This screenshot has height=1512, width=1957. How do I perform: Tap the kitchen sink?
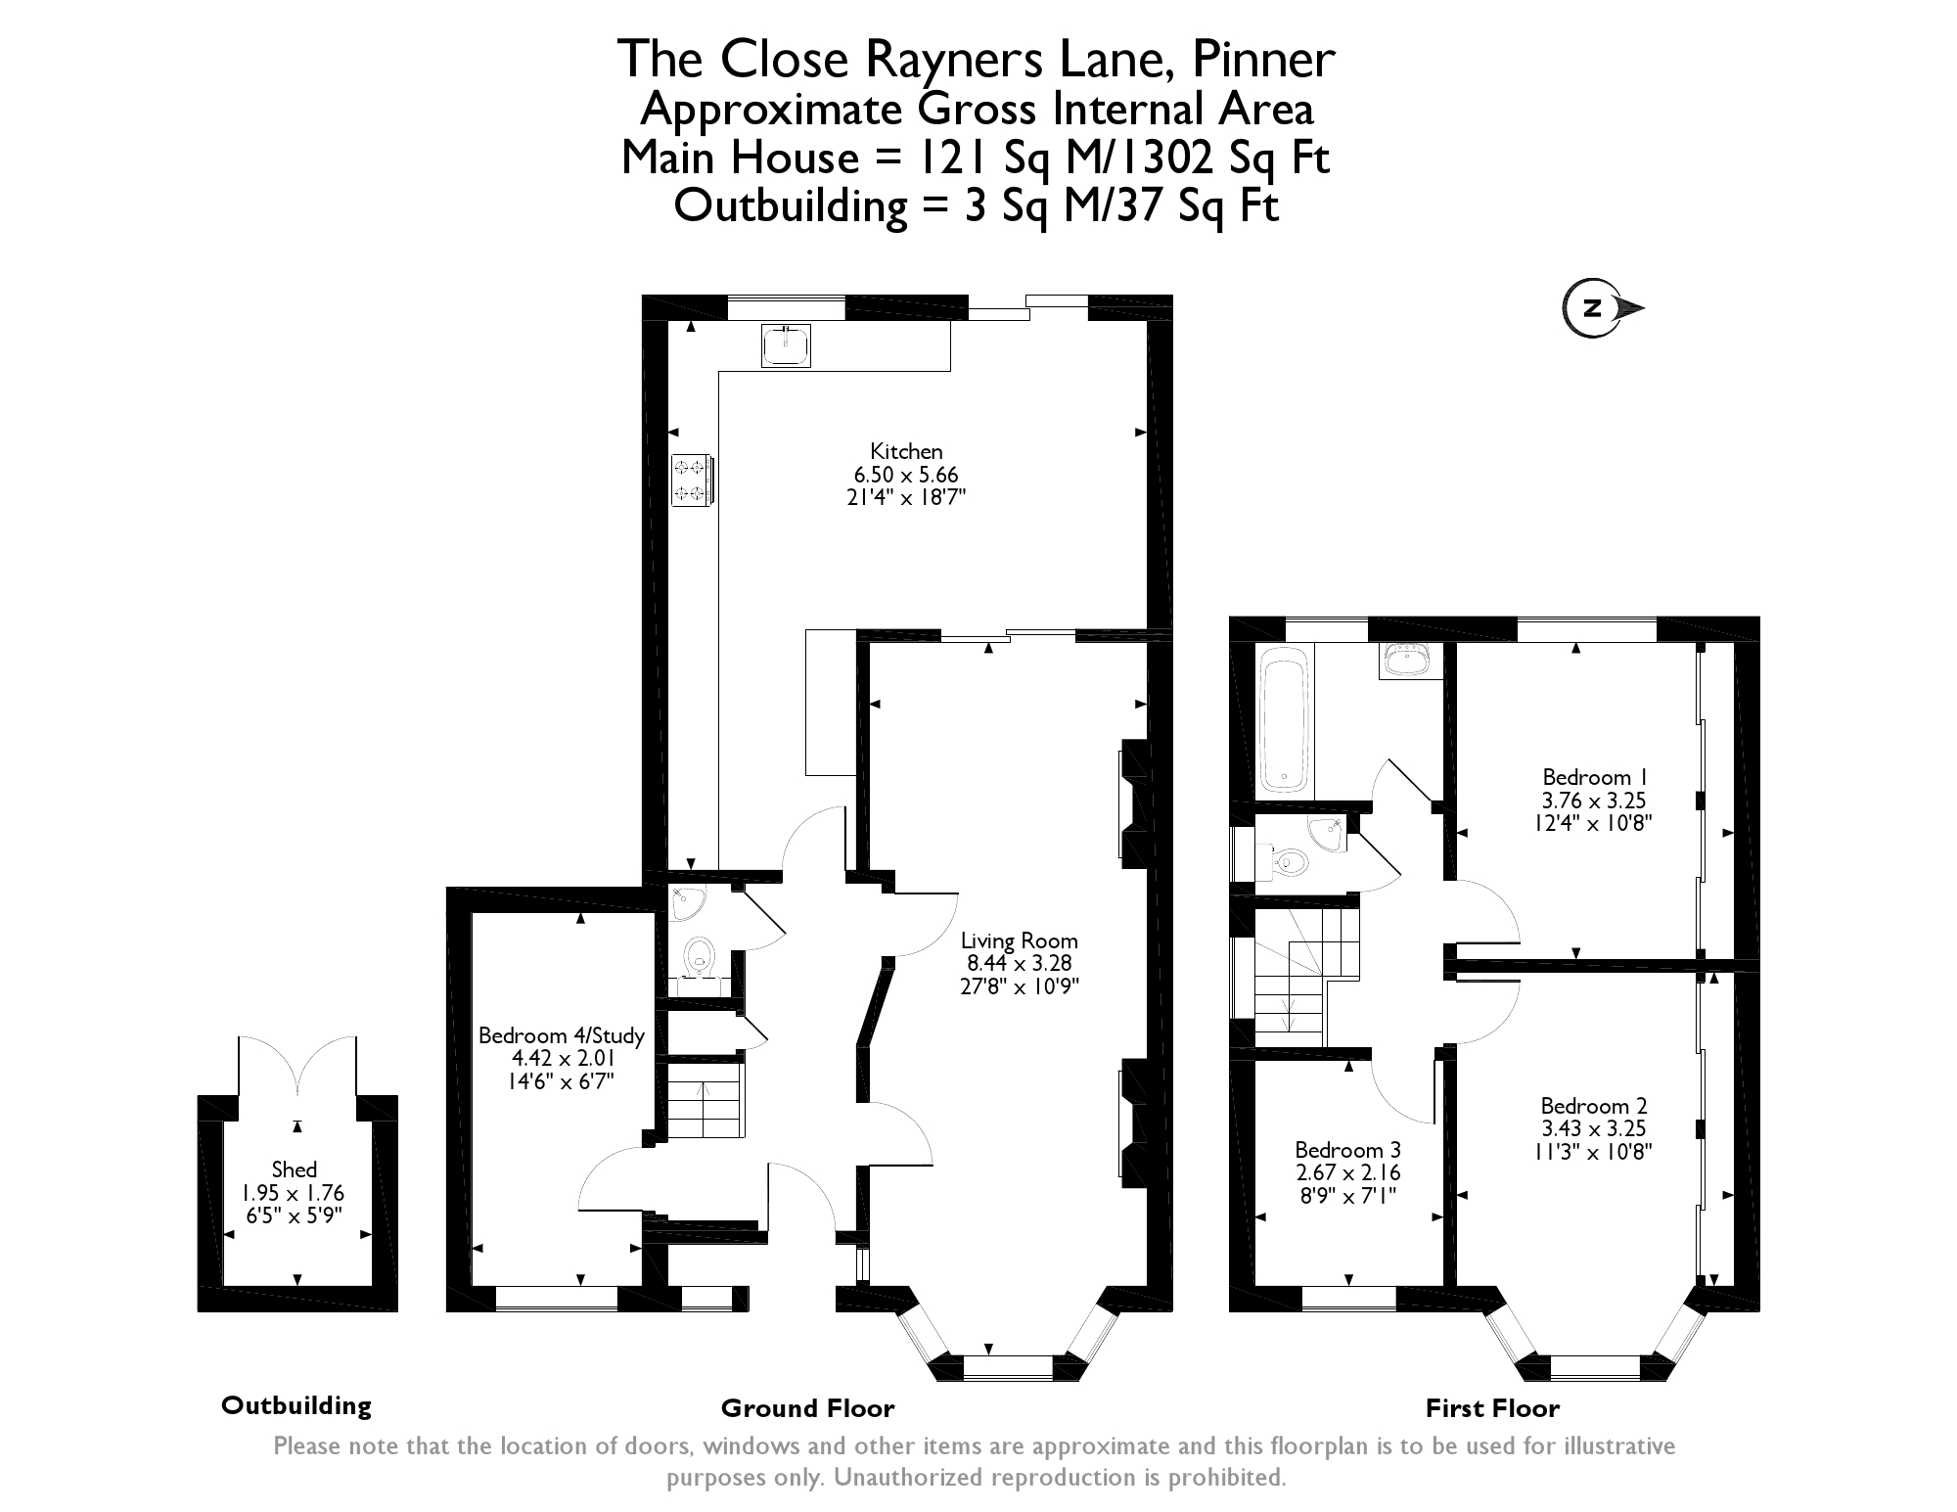coord(787,346)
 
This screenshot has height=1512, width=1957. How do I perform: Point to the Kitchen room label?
coord(906,451)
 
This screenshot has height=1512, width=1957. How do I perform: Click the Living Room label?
coord(1019,940)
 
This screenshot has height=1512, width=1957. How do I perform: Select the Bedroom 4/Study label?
coord(562,1035)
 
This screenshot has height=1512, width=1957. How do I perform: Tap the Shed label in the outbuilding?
coord(294,1169)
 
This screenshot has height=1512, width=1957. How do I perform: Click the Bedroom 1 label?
coord(1593,777)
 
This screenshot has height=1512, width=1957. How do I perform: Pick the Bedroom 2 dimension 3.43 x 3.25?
coord(1593,1128)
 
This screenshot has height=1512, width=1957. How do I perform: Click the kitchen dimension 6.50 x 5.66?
coord(906,475)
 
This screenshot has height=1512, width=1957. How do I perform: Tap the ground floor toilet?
coord(699,956)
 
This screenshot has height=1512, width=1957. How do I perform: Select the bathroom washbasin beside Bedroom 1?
coord(1410,661)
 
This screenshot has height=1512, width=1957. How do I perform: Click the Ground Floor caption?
coord(807,1408)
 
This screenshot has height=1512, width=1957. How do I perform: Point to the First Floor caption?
coord(1491,1408)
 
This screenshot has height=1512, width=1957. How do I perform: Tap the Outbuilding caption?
coord(296,1405)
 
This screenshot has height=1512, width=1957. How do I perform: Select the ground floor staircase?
coord(705,1101)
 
